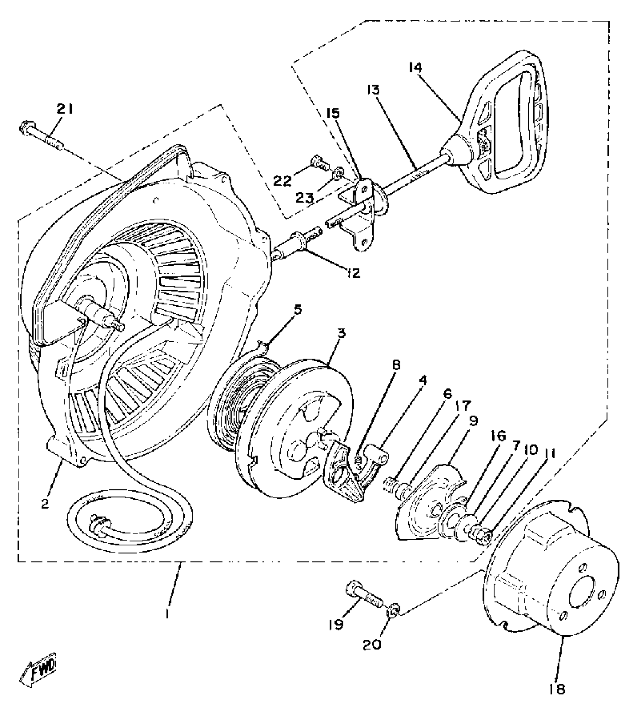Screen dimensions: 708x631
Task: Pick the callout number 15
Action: pos(333,112)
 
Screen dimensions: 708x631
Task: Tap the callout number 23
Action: pos(304,198)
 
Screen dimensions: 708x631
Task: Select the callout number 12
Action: pos(353,274)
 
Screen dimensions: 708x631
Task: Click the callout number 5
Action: pos(298,309)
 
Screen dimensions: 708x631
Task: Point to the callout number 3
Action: pos(341,333)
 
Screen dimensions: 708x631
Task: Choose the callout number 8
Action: pos(396,365)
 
